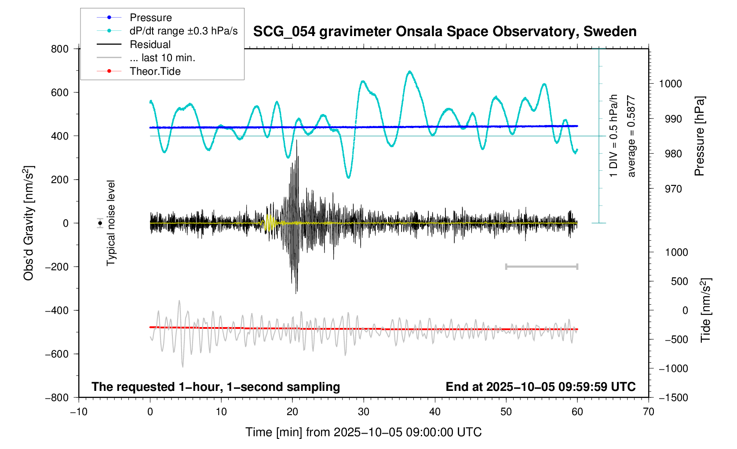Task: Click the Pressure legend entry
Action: click(x=150, y=18)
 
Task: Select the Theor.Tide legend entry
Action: click(x=155, y=71)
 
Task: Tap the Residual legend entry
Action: click(x=150, y=44)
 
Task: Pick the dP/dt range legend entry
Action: click(x=183, y=31)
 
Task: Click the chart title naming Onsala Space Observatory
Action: click(x=445, y=32)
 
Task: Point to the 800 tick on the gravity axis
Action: click(x=60, y=49)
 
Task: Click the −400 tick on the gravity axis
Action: click(x=57, y=310)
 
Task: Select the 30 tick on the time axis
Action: click(x=364, y=412)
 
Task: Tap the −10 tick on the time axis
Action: click(x=79, y=412)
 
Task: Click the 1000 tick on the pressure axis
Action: click(x=670, y=84)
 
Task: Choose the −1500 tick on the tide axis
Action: click(x=673, y=397)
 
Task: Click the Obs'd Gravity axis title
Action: click(x=29, y=223)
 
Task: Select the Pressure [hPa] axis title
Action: click(x=699, y=136)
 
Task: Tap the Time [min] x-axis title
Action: click(x=363, y=432)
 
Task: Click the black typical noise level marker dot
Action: click(x=100, y=223)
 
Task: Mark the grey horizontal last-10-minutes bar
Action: click(x=542, y=266)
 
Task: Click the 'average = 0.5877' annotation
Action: click(x=631, y=136)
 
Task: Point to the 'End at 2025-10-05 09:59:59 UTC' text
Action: click(x=540, y=387)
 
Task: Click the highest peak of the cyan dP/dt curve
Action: click(x=410, y=71)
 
